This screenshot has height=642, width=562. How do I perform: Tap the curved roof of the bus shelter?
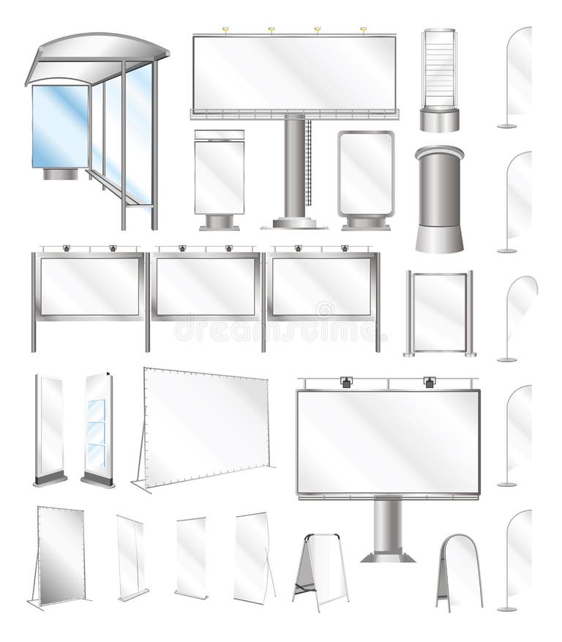(x=95, y=51)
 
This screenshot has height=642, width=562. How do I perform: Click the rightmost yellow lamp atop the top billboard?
(x=364, y=30)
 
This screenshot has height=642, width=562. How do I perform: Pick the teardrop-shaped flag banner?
(x=521, y=300)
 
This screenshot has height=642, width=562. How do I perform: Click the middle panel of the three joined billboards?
(x=206, y=286)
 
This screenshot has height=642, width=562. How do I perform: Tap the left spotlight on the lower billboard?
(x=346, y=381)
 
